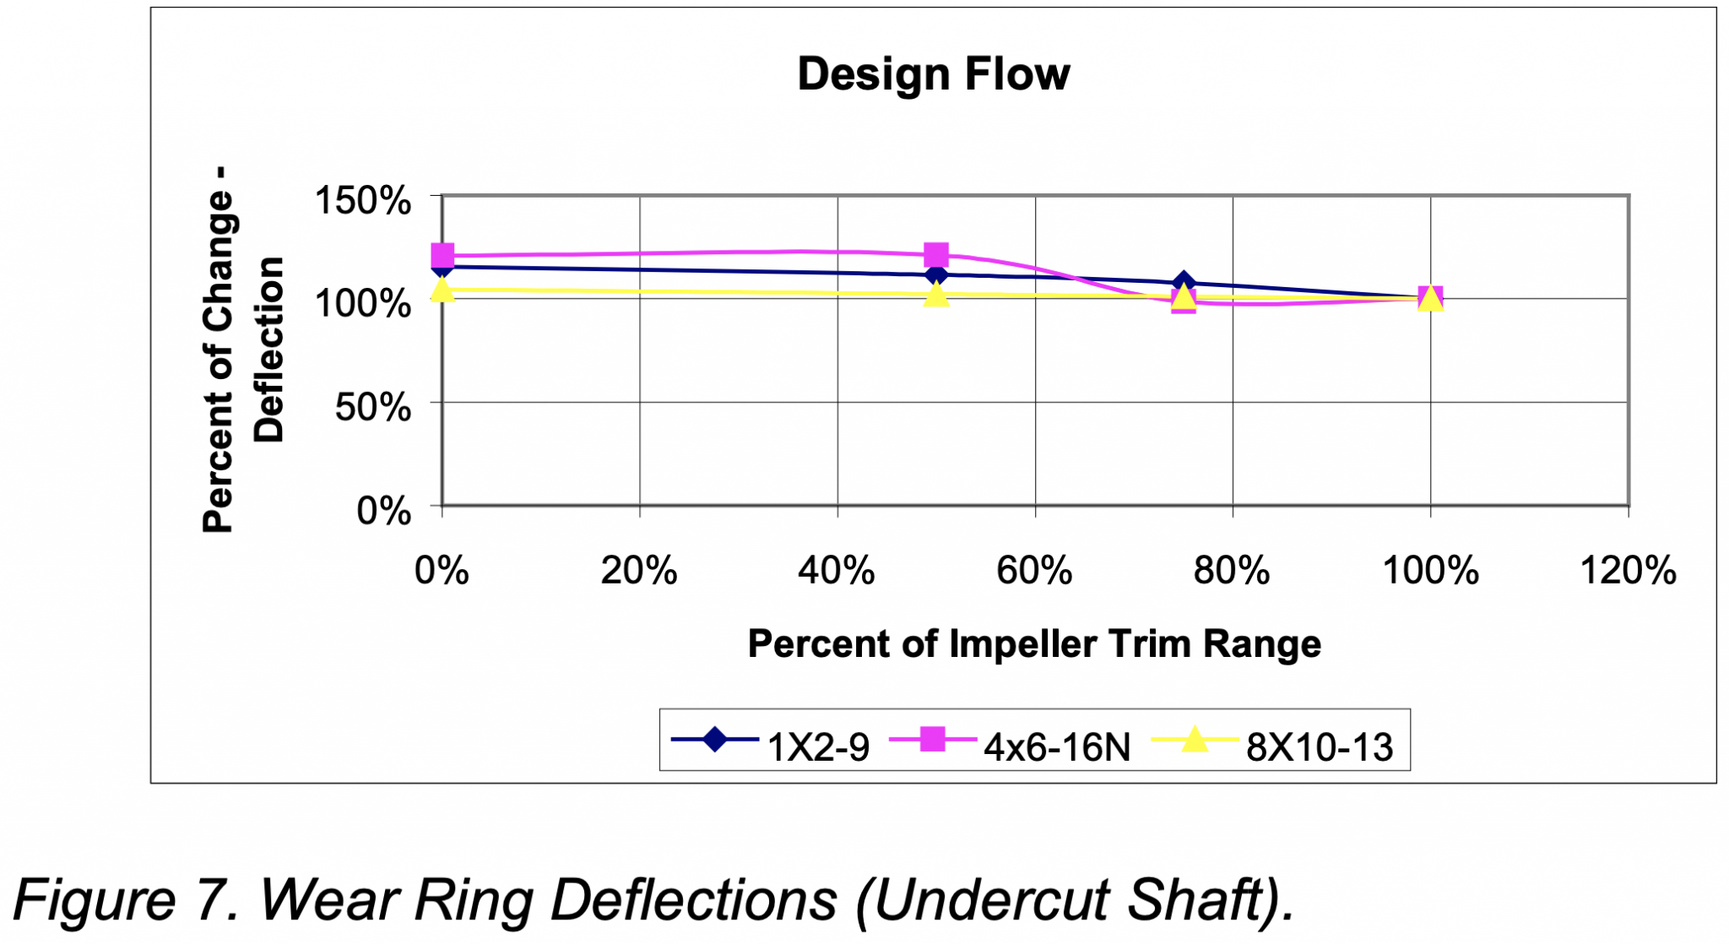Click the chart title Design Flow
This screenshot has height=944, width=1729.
point(933,74)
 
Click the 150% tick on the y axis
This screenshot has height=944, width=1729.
point(363,201)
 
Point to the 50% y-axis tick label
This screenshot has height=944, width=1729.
point(372,407)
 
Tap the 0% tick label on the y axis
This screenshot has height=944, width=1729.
point(383,511)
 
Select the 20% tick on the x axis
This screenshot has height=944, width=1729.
point(639,571)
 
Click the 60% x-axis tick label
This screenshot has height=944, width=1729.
point(1034,571)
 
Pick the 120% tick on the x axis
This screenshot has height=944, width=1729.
point(1628,571)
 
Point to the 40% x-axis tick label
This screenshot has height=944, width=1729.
point(837,571)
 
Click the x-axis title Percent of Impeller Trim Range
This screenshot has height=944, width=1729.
point(1033,643)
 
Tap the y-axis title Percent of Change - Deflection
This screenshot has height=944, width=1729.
point(242,350)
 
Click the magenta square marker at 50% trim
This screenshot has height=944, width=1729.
point(935,254)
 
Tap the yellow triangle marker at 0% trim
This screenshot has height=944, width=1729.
point(442,290)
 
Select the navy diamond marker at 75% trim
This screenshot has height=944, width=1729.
point(1184,282)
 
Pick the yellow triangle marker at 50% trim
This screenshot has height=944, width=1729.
point(935,295)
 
